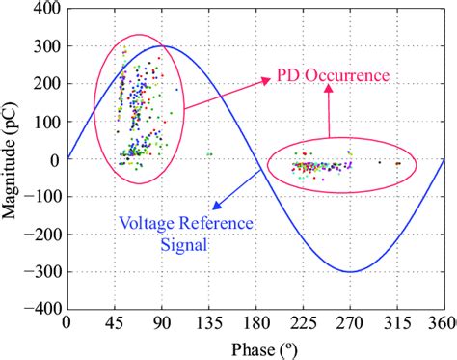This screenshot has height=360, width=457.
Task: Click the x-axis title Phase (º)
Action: tap(255, 346)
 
